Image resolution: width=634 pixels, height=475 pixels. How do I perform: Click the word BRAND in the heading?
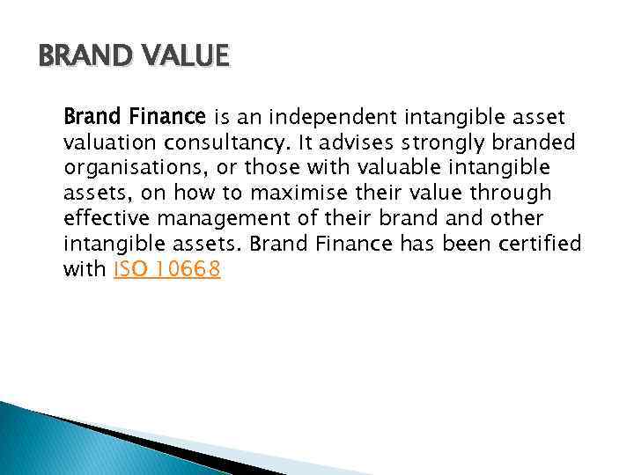[80, 57]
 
